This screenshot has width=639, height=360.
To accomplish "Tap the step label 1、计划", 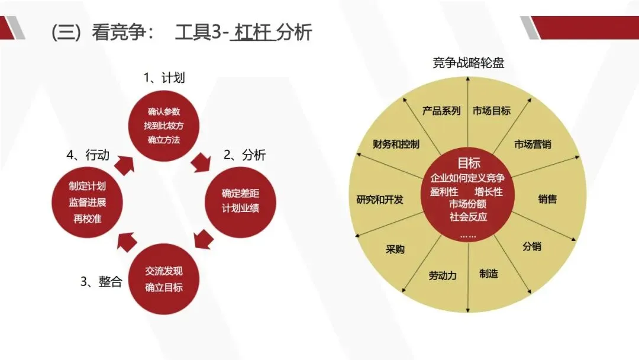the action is tap(160, 78).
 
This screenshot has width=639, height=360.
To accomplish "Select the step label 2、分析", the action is tap(244, 156).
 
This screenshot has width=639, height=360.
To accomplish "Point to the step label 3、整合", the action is tap(101, 281).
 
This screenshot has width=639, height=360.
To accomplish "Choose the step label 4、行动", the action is tap(88, 156).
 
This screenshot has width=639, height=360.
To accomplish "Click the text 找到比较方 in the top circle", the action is tap(164, 126).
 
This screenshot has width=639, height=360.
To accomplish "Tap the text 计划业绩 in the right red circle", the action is tap(240, 208).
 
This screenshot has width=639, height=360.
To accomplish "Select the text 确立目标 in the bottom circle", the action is tap(164, 288).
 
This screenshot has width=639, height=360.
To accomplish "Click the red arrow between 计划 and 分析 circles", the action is tap(202, 161).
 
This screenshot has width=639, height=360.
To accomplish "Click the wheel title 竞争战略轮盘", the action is tap(468, 63).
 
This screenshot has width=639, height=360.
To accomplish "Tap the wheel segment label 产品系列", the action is tap(441, 111).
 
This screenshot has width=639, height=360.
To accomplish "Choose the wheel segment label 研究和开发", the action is tap(380, 200).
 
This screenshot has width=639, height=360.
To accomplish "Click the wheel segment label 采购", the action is tap(395, 249).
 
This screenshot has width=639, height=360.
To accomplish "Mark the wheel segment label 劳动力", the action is tap(443, 275).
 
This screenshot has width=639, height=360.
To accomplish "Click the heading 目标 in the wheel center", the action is tap(469, 163).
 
